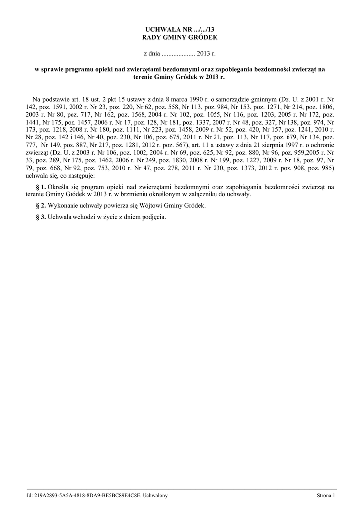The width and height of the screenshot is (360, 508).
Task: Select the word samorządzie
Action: [232, 99]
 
